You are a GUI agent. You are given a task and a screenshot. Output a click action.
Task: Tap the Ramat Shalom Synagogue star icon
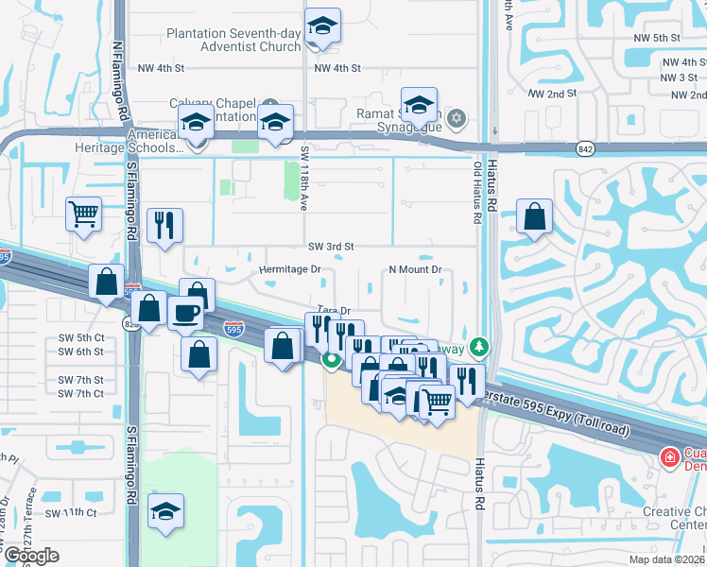pyautogui.click(x=457, y=117)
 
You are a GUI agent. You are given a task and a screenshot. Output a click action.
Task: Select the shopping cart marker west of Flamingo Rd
pyautogui.click(x=84, y=215)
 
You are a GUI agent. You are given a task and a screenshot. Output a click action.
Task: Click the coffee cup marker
pyautogui.click(x=186, y=313)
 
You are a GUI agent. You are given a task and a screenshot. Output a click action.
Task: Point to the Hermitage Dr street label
pyautogui.click(x=291, y=269)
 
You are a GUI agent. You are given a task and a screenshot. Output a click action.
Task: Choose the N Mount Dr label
pyautogui.click(x=416, y=269)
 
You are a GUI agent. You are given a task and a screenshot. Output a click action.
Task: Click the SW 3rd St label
pyautogui.click(x=331, y=246)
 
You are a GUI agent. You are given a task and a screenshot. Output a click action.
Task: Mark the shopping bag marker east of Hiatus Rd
pyautogui.click(x=535, y=216)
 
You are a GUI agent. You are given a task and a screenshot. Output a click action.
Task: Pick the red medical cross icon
pyautogui.click(x=669, y=457)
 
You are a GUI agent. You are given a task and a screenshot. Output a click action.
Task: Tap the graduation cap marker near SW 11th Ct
pyautogui.click(x=166, y=509)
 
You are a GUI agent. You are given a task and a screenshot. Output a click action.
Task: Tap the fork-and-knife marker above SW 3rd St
pyautogui.click(x=164, y=225)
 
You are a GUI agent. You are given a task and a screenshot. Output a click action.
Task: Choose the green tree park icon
pyautogui.click(x=481, y=349)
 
